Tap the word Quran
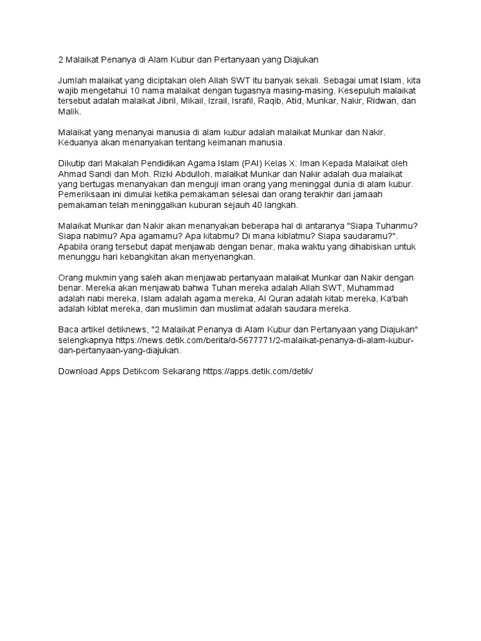coord(278,299)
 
